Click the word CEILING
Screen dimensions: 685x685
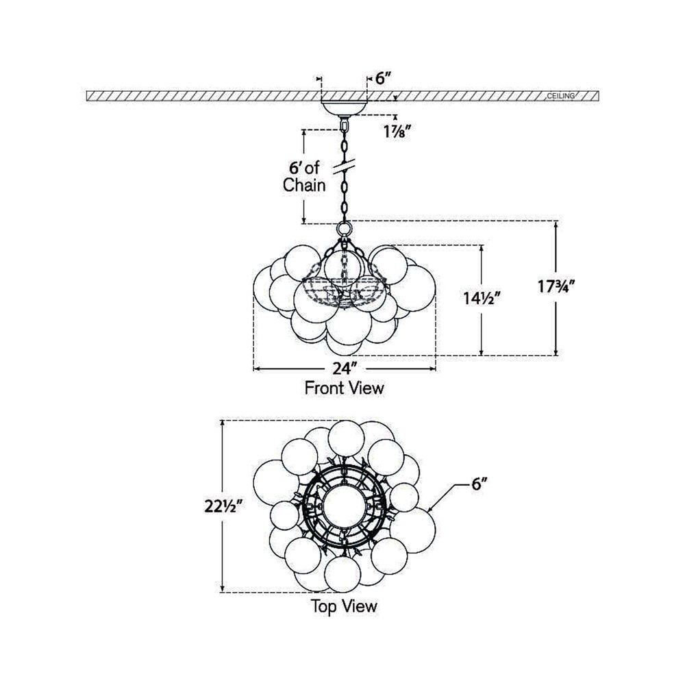click(561, 96)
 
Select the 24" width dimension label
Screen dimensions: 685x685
click(342, 369)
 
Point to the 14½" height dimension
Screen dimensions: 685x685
click(481, 299)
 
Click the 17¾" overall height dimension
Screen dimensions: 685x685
click(556, 287)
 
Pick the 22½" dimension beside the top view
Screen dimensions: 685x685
click(223, 506)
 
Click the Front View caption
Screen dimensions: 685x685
click(345, 388)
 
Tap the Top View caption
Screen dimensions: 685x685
click(344, 606)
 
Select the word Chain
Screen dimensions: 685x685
click(304, 185)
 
